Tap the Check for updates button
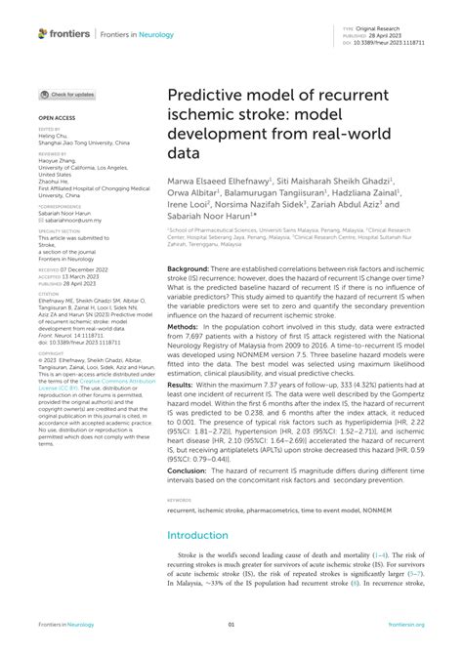point(66,95)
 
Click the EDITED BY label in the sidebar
point(49,128)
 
